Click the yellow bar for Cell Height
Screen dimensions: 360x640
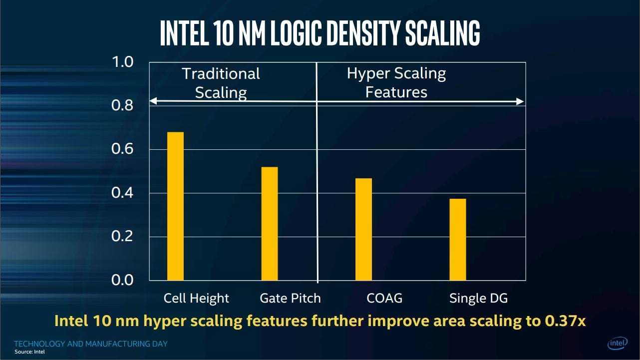(175, 206)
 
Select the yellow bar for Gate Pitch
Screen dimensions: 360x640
(270, 223)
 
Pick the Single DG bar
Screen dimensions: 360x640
(458, 239)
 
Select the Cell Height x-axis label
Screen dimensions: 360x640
(196, 299)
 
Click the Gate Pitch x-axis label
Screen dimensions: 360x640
(290, 299)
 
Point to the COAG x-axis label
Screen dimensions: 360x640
(384, 299)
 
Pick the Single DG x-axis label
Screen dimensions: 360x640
(478, 299)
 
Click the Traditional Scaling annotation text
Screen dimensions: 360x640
(221, 83)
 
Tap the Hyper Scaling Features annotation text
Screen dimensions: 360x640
(396, 83)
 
